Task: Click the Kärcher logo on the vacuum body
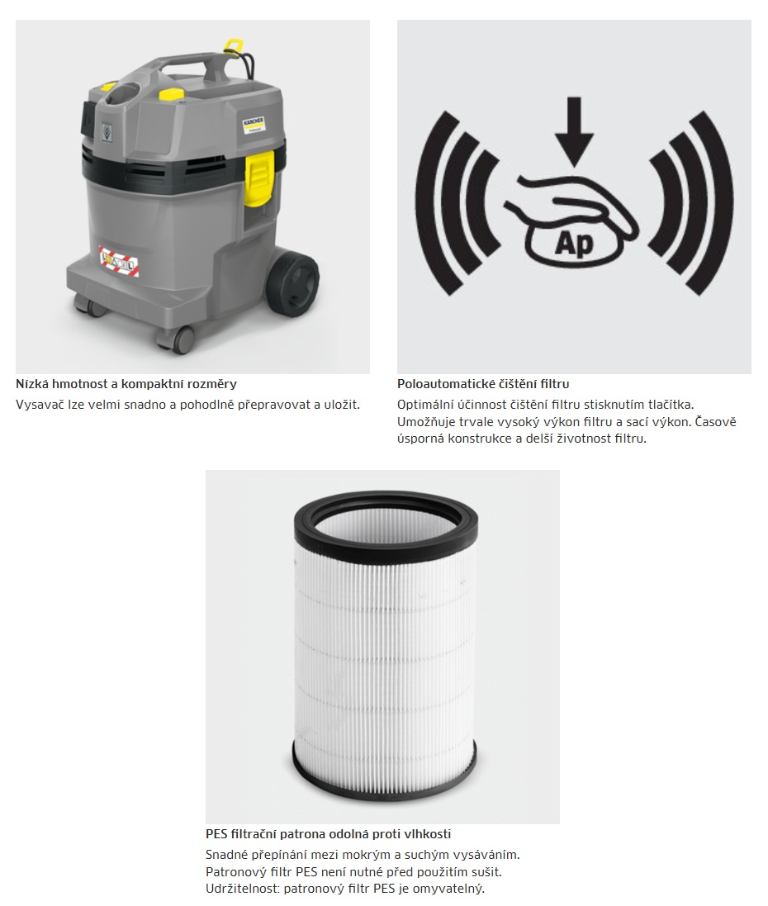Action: [x=254, y=126]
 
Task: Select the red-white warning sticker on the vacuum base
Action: [x=119, y=260]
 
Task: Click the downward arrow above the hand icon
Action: [x=574, y=132]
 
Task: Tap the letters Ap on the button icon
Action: [x=574, y=244]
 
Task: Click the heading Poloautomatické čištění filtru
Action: [x=483, y=384]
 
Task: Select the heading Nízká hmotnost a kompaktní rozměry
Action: [x=126, y=384]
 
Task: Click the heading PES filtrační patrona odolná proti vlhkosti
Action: [x=328, y=834]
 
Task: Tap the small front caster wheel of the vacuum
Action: [x=184, y=338]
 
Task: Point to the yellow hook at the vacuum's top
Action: [x=233, y=45]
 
